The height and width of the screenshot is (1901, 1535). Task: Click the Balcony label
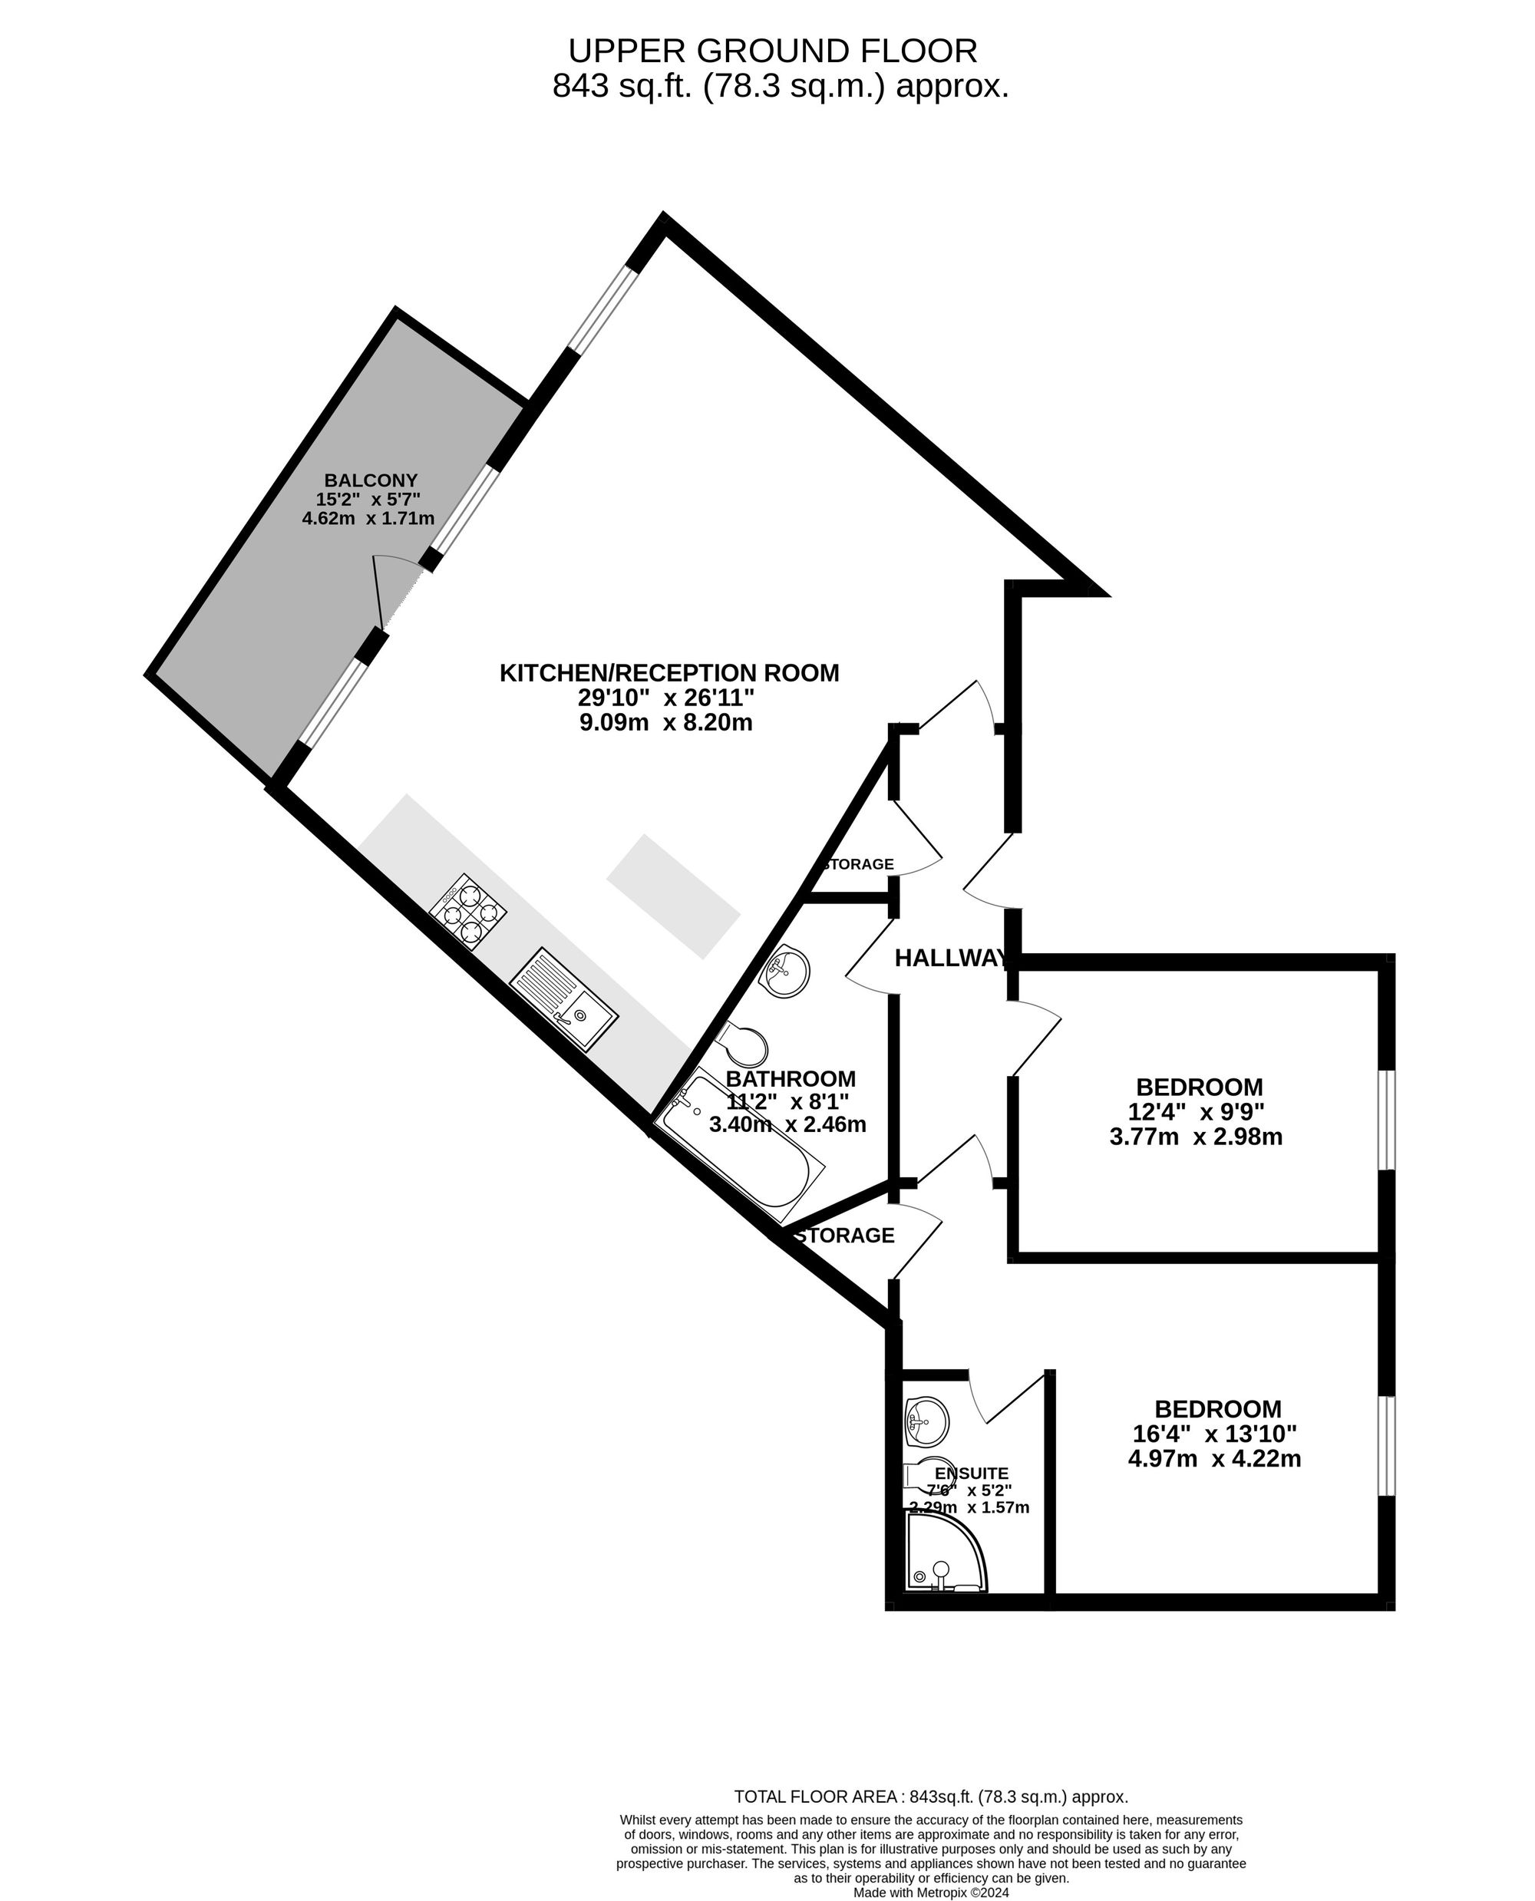(x=371, y=480)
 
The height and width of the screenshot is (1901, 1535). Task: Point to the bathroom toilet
(x=746, y=1045)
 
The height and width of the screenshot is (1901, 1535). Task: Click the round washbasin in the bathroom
(x=784, y=972)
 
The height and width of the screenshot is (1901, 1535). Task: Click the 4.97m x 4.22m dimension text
(x=1215, y=1458)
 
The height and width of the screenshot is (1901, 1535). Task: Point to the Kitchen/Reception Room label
(x=669, y=673)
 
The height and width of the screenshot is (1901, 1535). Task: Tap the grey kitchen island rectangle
(x=673, y=896)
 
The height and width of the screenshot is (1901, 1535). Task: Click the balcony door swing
(x=390, y=588)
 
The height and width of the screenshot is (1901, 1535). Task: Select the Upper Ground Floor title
(x=773, y=51)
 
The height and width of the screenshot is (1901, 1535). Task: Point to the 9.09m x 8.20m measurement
(x=666, y=722)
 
